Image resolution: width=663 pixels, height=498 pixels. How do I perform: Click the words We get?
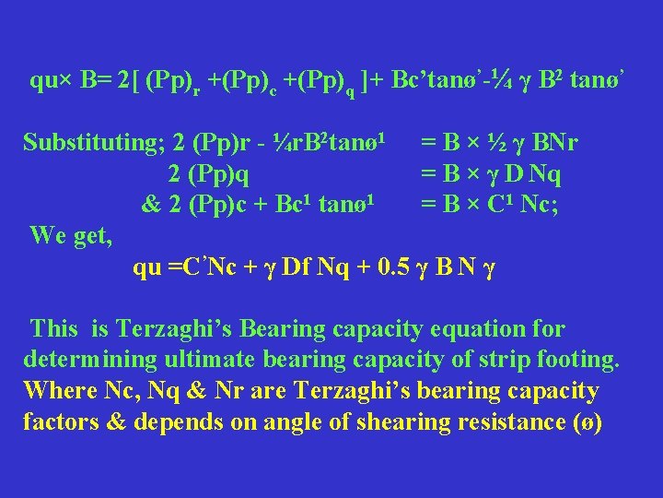tap(71, 236)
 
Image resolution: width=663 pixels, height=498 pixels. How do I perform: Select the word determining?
tap(88, 360)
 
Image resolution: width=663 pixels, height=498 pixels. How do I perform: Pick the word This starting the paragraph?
tap(54, 329)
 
